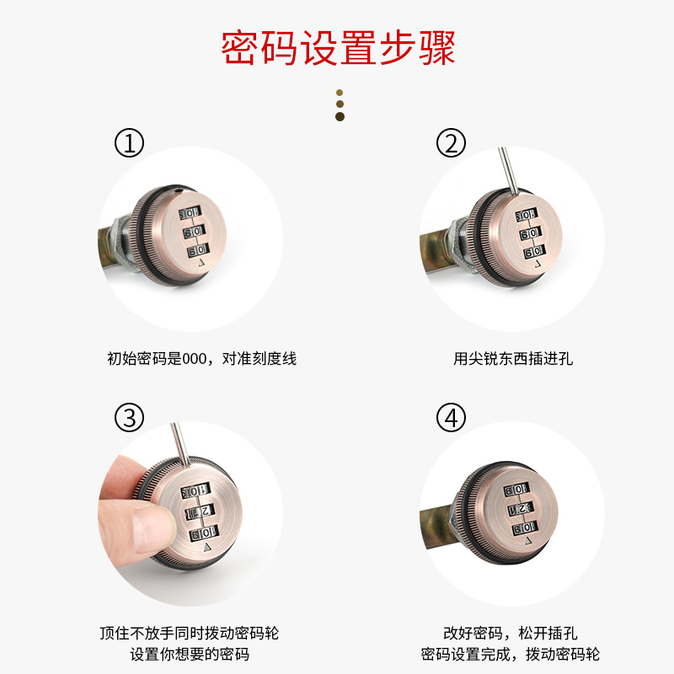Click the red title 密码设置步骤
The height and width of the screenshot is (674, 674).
(x=337, y=48)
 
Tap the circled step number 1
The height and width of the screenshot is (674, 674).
(x=129, y=144)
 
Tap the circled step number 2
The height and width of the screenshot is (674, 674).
(x=451, y=144)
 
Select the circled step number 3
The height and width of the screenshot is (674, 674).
(x=129, y=416)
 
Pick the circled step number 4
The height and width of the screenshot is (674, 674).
(x=451, y=416)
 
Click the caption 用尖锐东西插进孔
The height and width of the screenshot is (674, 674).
(x=512, y=359)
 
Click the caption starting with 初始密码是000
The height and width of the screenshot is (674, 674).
(x=202, y=359)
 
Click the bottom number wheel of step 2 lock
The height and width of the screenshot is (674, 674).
(x=531, y=252)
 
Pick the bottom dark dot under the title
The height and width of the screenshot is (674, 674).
(x=340, y=116)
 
